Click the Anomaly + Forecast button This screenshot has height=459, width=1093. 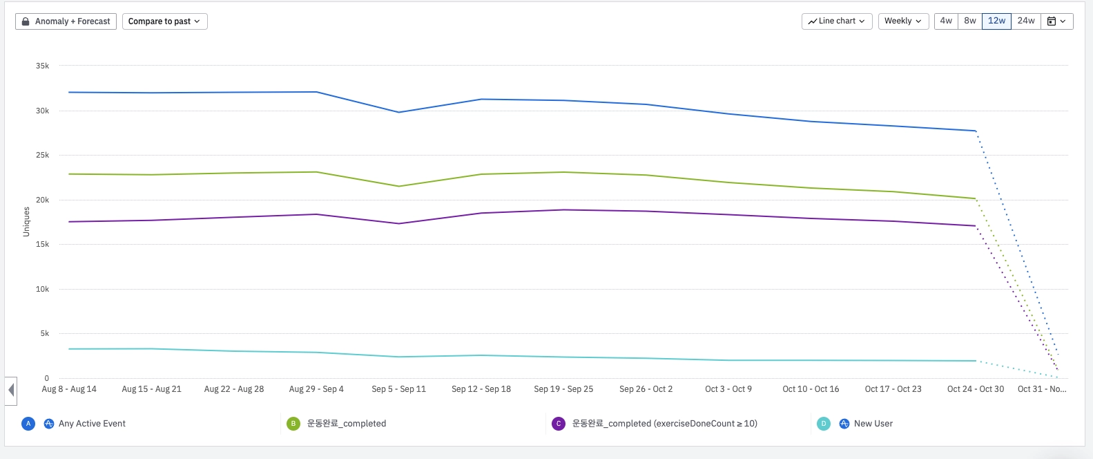tap(66, 21)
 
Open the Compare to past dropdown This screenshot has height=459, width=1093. tap(164, 21)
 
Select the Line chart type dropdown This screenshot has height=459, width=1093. tap(837, 21)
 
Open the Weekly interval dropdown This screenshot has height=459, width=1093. tap(902, 21)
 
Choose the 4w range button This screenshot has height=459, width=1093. tap(946, 21)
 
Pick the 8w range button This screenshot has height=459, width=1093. tap(970, 21)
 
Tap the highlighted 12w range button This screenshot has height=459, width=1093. tap(996, 21)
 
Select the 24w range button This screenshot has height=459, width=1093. tap(1026, 21)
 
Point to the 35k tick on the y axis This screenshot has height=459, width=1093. tap(43, 66)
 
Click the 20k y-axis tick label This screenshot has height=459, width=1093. tap(43, 200)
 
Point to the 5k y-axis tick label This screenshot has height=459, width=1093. tap(45, 334)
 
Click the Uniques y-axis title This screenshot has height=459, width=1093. tap(26, 222)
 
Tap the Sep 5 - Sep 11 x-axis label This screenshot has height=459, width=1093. tap(398, 389)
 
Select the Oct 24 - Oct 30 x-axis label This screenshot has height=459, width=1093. tap(975, 389)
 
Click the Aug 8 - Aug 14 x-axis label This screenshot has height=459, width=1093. tap(69, 389)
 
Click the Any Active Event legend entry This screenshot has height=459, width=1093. tap(92, 424)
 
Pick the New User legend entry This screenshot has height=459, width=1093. tap(873, 424)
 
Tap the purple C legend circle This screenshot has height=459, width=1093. tap(559, 424)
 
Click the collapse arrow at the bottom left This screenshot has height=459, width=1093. tap(11, 391)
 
